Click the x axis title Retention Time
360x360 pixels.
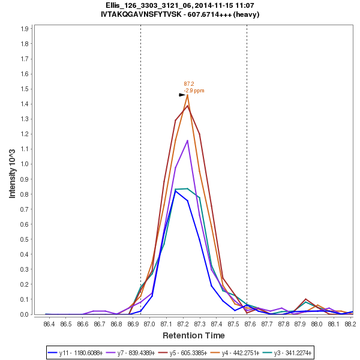(193, 335)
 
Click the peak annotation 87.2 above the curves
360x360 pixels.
(189, 84)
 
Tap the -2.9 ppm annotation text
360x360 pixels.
(194, 90)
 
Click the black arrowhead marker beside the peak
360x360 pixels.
(182, 95)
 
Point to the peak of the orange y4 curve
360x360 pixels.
(187, 95)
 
